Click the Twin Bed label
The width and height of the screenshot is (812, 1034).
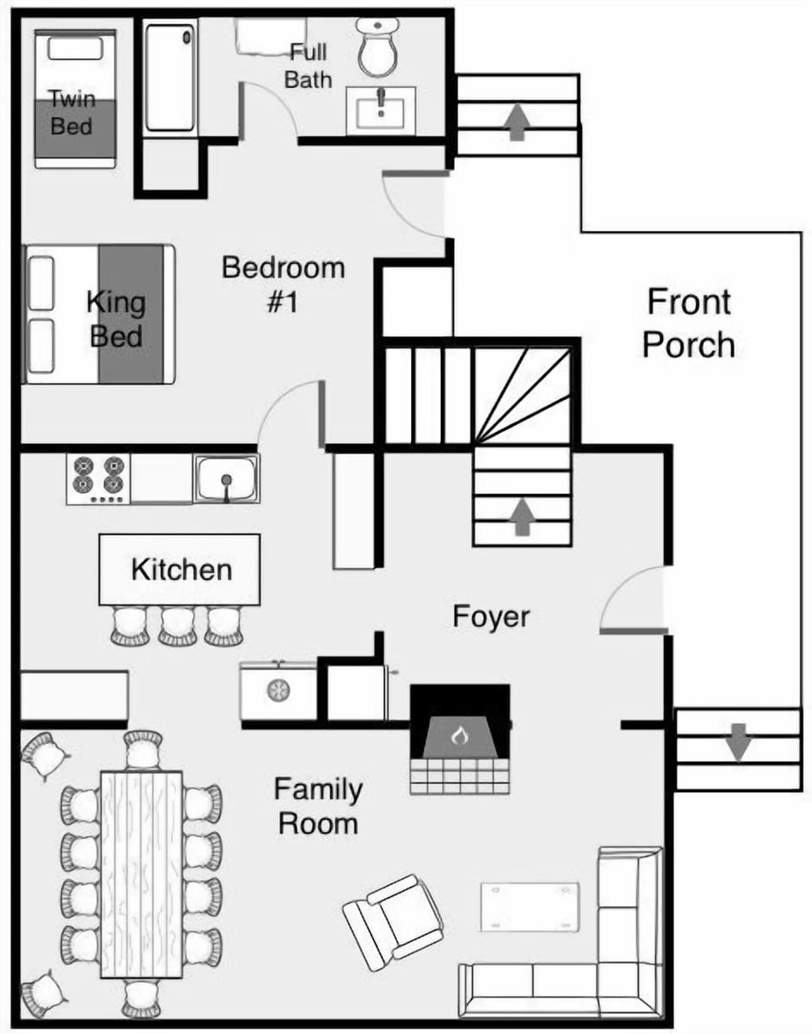click(72, 112)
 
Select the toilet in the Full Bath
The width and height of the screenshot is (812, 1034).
click(377, 49)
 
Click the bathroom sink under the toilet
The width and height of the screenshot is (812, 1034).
click(381, 111)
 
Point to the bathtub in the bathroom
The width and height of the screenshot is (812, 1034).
click(170, 78)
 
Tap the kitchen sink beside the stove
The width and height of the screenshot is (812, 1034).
click(226, 479)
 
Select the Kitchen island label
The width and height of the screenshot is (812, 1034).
click(181, 569)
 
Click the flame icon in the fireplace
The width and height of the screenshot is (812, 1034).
click(459, 736)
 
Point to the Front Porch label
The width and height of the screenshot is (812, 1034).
click(689, 323)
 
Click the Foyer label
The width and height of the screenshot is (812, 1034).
click(491, 616)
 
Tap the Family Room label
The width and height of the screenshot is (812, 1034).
click(318, 806)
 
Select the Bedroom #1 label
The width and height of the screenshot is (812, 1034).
click(283, 284)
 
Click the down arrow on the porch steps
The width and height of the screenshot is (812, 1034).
click(738, 741)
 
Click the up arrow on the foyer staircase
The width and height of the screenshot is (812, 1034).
click(522, 516)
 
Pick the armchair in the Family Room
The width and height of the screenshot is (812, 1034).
click(393, 922)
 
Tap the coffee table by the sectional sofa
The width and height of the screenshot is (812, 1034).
click(529, 907)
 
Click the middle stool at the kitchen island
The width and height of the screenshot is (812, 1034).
click(178, 626)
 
